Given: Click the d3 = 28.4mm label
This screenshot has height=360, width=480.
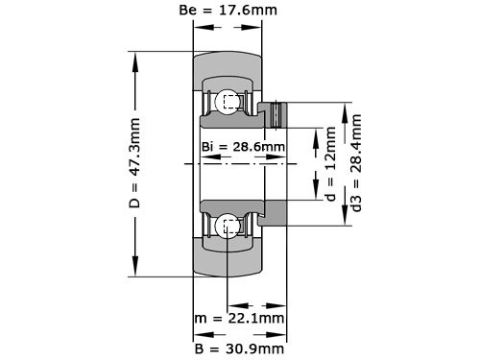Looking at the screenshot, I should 357,163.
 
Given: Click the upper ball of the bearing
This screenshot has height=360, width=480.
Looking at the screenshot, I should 228,100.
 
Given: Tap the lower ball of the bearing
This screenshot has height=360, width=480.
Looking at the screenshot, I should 228,227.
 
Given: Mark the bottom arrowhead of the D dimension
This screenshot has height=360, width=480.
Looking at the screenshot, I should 135,271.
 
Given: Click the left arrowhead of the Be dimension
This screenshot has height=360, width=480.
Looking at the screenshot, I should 197,27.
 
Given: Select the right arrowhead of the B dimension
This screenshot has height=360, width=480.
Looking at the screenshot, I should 287,334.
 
